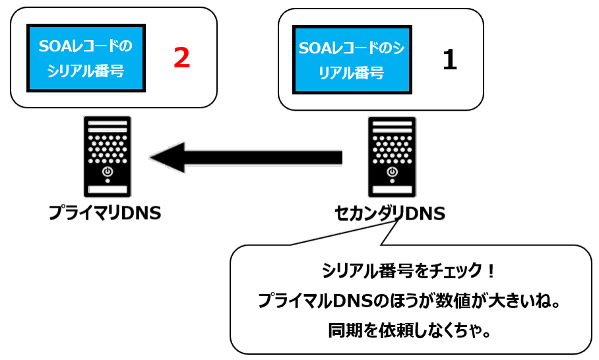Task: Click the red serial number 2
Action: click(x=181, y=58)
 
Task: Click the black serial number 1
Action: click(x=449, y=60)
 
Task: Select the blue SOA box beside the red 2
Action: click(x=86, y=58)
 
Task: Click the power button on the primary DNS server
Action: click(x=108, y=172)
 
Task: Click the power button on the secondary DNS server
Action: click(x=393, y=172)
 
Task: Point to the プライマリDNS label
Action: click(x=106, y=214)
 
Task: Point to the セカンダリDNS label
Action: click(x=390, y=214)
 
